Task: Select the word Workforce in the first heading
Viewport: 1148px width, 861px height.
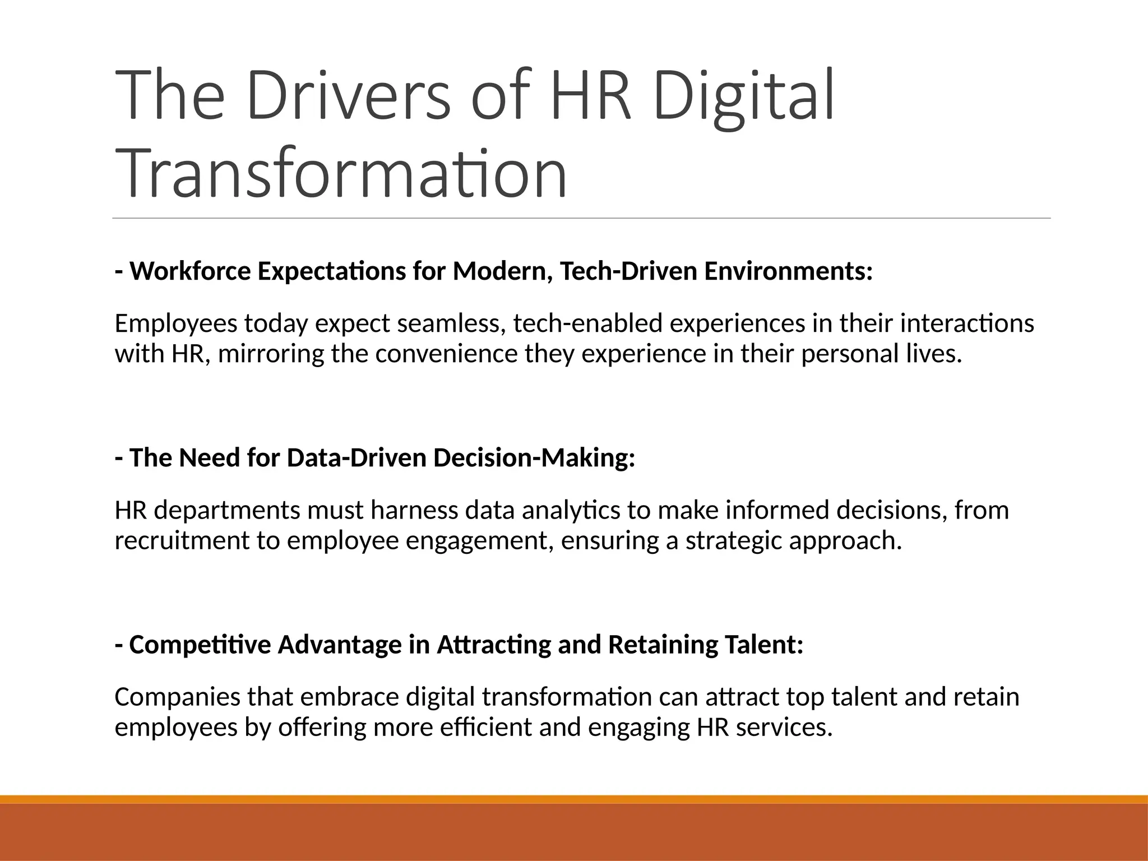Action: click(191, 272)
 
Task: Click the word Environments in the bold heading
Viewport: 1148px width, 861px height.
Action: click(788, 272)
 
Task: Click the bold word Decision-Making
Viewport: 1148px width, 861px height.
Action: click(534, 459)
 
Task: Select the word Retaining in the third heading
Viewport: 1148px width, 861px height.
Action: click(663, 645)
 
